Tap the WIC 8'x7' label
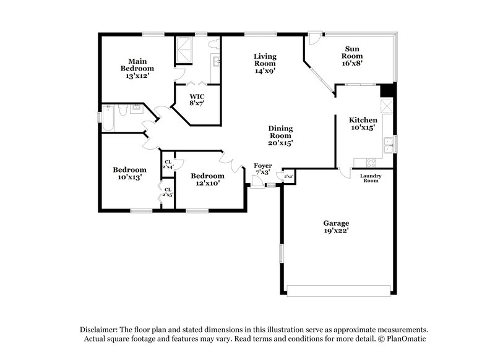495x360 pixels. [x=197, y=100]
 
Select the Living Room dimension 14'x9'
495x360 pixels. [x=265, y=71]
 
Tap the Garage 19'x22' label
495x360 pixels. [x=336, y=226]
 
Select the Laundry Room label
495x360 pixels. [x=371, y=178]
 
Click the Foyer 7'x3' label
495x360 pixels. [x=263, y=169]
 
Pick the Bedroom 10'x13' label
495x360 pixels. [x=129, y=173]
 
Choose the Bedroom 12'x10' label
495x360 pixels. [x=207, y=179]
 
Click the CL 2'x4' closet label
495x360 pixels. [x=168, y=165]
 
